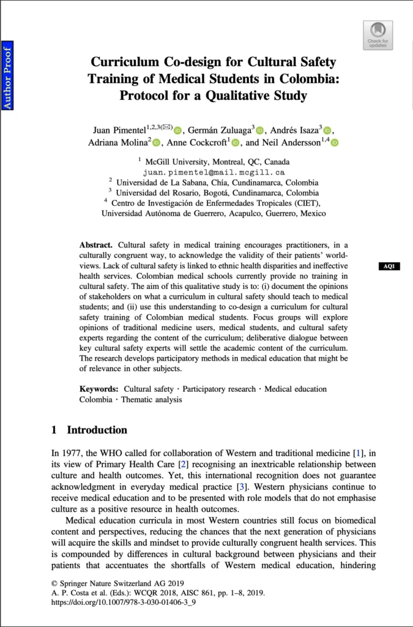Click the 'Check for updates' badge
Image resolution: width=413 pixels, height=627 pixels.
[x=378, y=35]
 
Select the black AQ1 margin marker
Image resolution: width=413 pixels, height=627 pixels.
[x=390, y=266]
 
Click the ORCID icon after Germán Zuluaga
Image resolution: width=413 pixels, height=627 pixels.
[x=259, y=130]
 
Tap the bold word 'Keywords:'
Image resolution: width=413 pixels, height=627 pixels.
[x=99, y=389]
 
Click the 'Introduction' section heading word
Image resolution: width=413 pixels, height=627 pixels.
[x=97, y=430]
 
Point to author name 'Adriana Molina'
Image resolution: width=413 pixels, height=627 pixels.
[x=119, y=143]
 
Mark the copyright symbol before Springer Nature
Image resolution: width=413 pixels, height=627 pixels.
[x=54, y=583]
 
